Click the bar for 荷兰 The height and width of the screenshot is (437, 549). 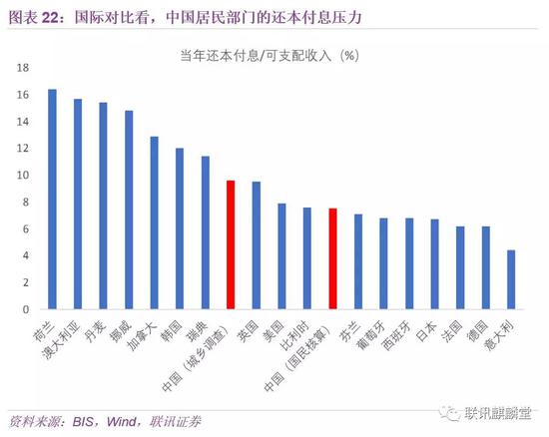click(52, 200)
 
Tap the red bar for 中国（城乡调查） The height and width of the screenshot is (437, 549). click(231, 244)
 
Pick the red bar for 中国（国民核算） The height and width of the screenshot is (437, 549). click(332, 258)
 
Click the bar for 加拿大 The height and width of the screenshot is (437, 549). click(154, 222)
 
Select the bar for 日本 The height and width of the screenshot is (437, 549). click(434, 264)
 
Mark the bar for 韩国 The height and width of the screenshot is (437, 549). click(180, 228)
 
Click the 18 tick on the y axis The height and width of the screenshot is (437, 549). click(22, 68)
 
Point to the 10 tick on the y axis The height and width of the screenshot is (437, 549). click(22, 176)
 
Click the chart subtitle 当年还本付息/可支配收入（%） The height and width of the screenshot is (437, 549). click(281, 55)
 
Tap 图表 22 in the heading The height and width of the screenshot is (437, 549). click(36, 14)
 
